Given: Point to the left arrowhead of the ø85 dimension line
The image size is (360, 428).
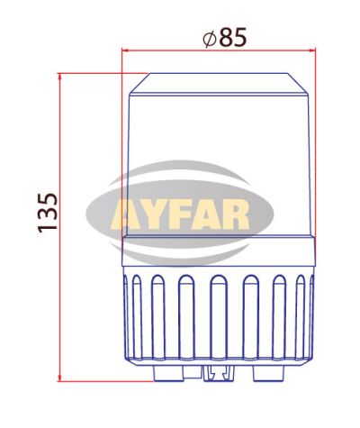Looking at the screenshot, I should tap(126, 51).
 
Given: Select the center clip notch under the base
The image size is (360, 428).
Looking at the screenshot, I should tap(217, 373).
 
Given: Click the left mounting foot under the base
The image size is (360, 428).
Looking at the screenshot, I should tap(166, 372).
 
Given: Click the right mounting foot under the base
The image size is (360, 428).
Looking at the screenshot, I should tap(267, 372).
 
